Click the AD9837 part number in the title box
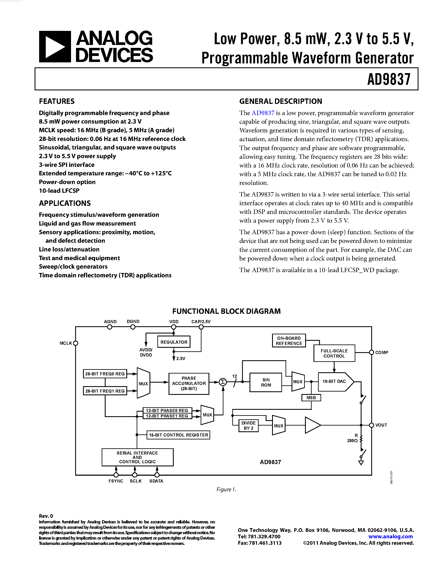click(389, 79)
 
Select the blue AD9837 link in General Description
click(263, 113)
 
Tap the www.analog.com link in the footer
click(391, 536)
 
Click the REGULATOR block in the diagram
click(174, 342)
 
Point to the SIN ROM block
click(266, 382)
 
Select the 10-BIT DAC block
click(335, 381)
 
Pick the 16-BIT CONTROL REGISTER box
click(178, 435)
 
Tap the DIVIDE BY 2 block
click(248, 425)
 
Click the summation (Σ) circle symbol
click(223, 382)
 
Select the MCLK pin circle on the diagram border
click(76, 343)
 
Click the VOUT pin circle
click(371, 425)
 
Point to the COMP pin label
click(382, 352)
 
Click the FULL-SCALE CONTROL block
click(334, 353)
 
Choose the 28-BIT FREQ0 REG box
click(105, 374)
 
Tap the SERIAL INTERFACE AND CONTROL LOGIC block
click(137, 457)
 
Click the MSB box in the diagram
click(311, 398)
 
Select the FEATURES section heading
click(57, 101)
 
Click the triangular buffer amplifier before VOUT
click(312, 425)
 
